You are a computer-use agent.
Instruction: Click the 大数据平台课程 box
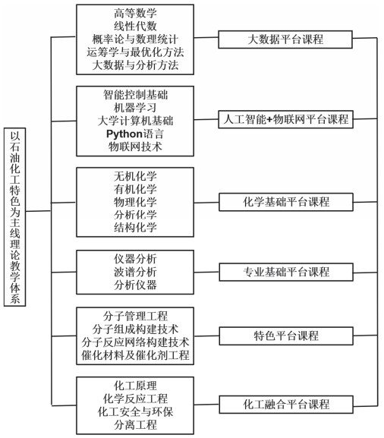[285, 39]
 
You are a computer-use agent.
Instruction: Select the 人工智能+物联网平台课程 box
[285, 119]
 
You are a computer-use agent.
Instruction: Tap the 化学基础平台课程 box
[286, 202]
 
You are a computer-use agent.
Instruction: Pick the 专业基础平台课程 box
[286, 272]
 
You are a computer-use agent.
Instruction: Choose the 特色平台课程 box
[286, 336]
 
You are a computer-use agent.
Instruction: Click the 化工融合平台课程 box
[286, 404]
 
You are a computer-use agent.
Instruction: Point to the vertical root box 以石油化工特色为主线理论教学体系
[15, 217]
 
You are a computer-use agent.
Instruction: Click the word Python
[124, 134]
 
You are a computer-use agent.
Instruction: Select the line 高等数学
[135, 14]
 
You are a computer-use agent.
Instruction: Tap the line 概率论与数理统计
[135, 39]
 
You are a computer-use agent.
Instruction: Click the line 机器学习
[135, 108]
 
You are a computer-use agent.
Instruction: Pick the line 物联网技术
[135, 147]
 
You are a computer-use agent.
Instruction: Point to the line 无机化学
[135, 176]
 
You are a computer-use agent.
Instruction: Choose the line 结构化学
[135, 228]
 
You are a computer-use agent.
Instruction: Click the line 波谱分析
[135, 272]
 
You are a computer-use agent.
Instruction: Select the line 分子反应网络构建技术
[135, 342]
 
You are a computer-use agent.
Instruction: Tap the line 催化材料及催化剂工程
[135, 355]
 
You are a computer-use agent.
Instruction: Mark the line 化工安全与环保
[135, 411]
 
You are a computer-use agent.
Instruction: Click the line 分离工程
[135, 425]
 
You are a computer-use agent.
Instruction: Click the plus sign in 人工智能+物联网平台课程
[269, 120]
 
